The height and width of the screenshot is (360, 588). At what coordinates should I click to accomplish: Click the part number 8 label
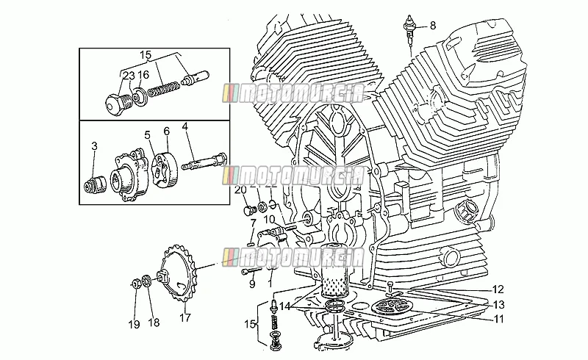[x=433, y=26]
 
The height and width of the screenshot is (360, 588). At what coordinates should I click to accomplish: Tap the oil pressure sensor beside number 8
[x=410, y=29]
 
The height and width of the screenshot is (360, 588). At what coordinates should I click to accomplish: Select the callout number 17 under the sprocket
[x=185, y=317]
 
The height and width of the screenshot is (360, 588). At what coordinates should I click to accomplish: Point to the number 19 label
[x=135, y=324]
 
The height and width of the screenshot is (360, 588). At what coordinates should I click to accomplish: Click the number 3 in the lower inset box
[x=94, y=146]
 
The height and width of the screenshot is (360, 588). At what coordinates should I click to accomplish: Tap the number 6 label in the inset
[x=167, y=131]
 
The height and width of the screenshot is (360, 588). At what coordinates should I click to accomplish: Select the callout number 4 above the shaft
[x=184, y=126]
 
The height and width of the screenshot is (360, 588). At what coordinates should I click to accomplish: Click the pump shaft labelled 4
[x=204, y=161]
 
